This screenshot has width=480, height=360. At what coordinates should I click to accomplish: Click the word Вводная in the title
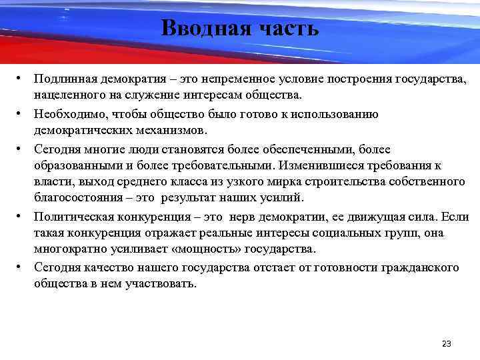pyautogui.click(x=199, y=29)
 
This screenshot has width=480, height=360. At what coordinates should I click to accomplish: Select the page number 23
pyautogui.click(x=447, y=344)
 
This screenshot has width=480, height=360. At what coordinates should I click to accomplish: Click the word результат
pyautogui.click(x=195, y=198)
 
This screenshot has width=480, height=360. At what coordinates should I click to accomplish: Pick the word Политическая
pyautogui.click(x=73, y=218)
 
